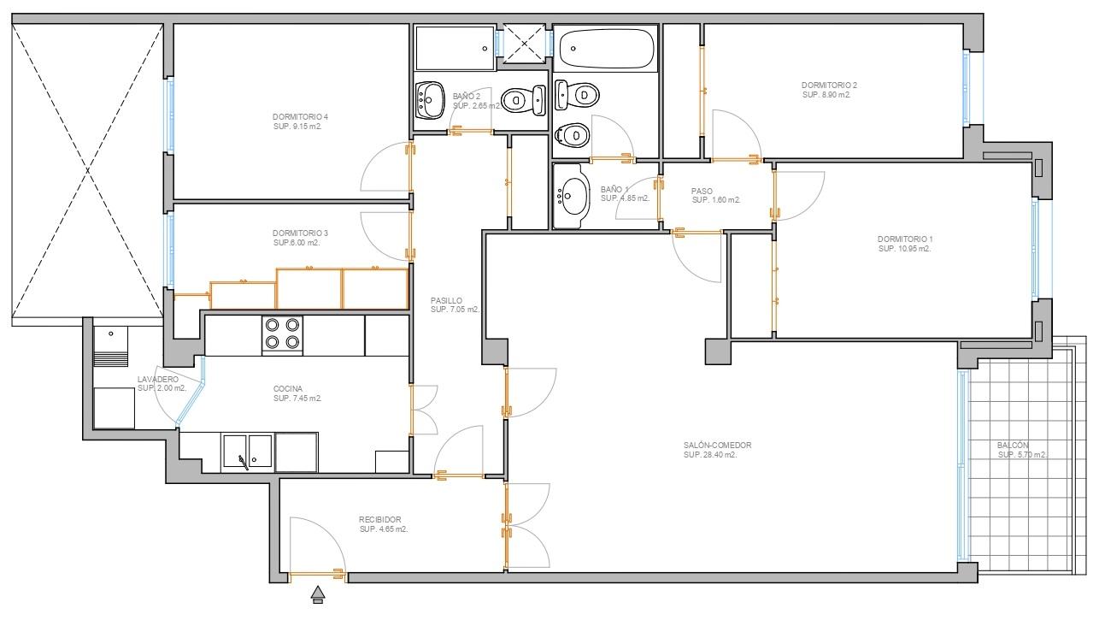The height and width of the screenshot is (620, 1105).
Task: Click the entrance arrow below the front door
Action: tap(318, 594)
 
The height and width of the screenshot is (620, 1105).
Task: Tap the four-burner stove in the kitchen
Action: tap(283, 334)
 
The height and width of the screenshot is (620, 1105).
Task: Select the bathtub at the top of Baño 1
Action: tap(607, 49)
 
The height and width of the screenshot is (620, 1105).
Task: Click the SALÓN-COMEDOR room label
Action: tap(717, 446)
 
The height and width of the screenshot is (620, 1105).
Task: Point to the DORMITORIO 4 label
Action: tap(300, 117)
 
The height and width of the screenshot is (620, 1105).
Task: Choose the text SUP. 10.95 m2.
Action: tap(904, 249)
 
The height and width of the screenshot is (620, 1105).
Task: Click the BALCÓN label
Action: tap(1013, 446)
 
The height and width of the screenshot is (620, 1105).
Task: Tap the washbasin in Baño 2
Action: tap(430, 100)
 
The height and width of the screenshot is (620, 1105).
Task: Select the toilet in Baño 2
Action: tap(524, 100)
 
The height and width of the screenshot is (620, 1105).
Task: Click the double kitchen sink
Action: tap(247, 452)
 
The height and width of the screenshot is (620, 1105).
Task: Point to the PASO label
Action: tap(702, 191)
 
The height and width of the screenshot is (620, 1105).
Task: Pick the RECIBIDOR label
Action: tap(379, 520)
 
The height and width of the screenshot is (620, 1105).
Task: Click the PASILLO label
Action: tap(446, 301)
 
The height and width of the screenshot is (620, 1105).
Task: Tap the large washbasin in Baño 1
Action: tap(572, 196)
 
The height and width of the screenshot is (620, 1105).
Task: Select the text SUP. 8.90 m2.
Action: tap(826, 95)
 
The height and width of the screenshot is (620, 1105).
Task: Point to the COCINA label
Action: tap(288, 389)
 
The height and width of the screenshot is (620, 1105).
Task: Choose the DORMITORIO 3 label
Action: tap(300, 233)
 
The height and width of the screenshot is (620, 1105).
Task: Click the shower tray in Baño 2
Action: tap(455, 48)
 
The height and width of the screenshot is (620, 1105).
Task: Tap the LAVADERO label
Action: tap(158, 380)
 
